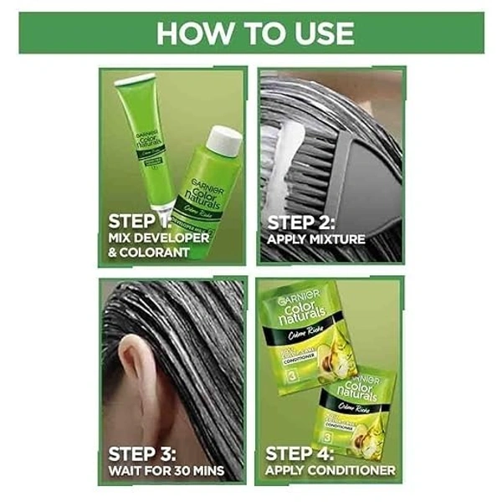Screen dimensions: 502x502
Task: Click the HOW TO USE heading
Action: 254,33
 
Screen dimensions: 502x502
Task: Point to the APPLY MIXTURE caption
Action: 316,240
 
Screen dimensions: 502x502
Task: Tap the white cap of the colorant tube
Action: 135,81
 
